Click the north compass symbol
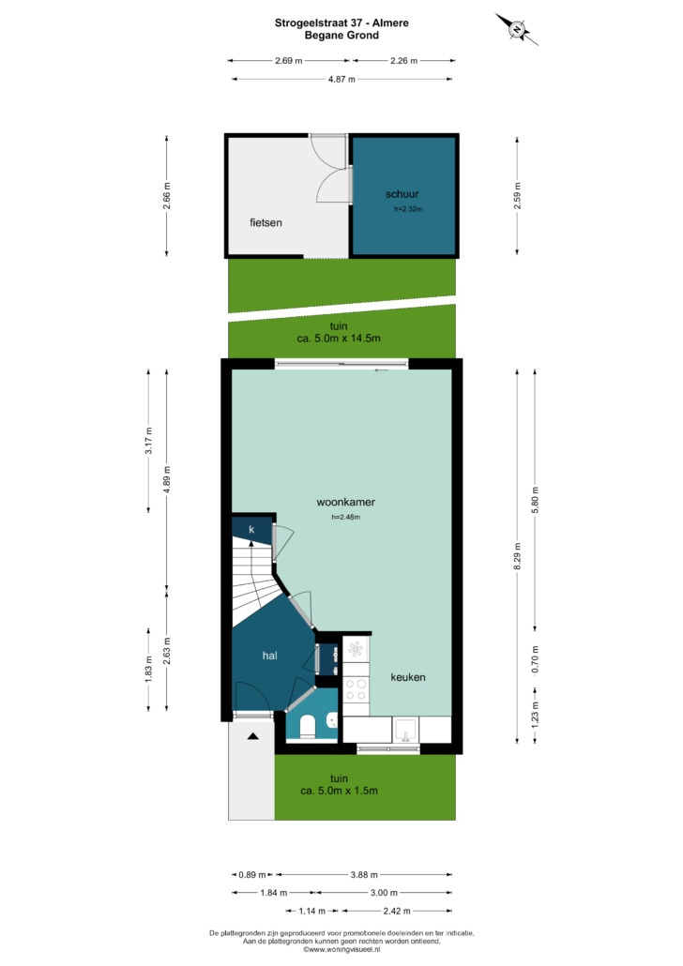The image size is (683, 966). point(517,28)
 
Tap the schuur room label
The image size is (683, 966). point(402,194)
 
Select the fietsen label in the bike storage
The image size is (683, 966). point(266,222)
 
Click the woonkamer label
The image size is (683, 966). point(346,502)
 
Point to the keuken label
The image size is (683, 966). point(408,677)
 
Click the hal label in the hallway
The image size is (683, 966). point(269,656)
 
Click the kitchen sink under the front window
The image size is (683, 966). point(405,730)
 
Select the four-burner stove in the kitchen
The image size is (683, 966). point(356,689)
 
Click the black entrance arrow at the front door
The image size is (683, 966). point(252,736)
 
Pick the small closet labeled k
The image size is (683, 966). point(252,530)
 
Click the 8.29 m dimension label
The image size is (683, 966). point(517,556)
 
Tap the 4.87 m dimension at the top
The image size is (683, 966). point(341,79)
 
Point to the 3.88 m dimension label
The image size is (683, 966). point(364,874)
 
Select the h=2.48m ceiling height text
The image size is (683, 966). point(346,517)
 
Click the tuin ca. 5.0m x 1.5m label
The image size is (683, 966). point(339,784)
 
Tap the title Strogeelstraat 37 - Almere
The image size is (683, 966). point(341,23)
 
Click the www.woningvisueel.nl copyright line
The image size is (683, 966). point(341,949)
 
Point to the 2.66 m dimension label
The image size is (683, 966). point(166,195)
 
